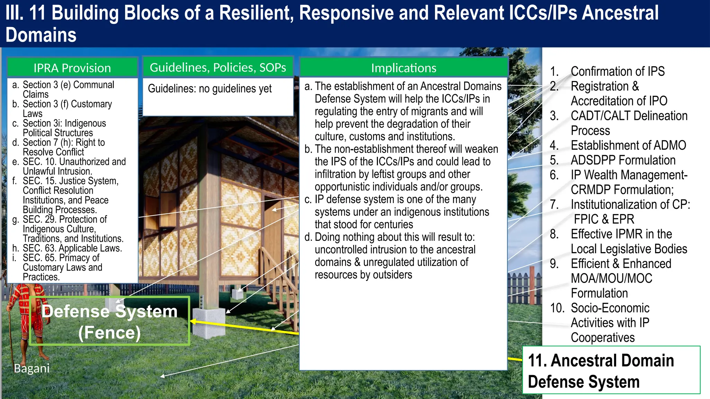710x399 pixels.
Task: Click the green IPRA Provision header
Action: tap(72, 68)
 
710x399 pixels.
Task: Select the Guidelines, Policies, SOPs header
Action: tap(218, 67)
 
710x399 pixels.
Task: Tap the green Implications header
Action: tap(404, 68)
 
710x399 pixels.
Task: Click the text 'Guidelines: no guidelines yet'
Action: tap(210, 89)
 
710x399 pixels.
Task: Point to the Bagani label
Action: tap(32, 368)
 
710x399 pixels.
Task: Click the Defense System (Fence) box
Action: tap(110, 321)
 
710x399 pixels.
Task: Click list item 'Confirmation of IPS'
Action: tap(617, 71)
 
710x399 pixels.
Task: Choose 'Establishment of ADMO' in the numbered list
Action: tap(628, 145)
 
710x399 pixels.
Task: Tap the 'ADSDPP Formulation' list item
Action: tap(623, 160)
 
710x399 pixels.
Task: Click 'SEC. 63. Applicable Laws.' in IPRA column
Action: tap(72, 248)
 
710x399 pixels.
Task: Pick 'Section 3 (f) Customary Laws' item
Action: tap(67, 108)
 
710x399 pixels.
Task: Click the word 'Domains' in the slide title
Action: tap(41, 35)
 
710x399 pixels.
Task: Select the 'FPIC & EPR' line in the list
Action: tap(604, 219)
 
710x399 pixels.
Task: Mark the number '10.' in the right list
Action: tap(557, 308)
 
